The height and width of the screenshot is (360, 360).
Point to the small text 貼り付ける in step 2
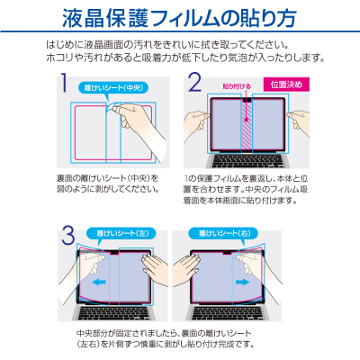click(237, 87)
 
